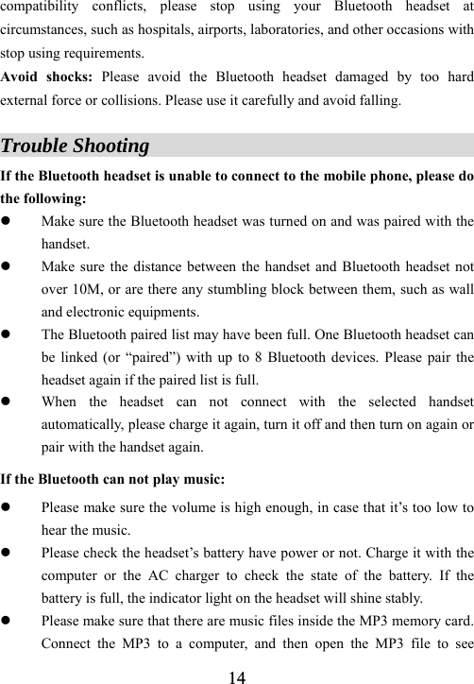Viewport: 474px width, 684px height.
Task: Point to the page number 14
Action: (x=237, y=675)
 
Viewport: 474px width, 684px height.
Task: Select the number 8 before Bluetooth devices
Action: (x=280, y=359)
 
